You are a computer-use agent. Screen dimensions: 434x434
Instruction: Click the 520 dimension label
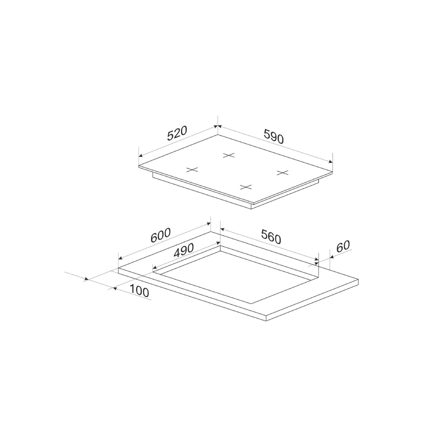click(178, 134)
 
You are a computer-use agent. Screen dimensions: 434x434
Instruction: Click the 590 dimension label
click(273, 136)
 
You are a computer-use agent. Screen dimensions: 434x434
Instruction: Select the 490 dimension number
click(183, 250)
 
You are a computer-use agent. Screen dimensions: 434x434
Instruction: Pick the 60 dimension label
click(343, 246)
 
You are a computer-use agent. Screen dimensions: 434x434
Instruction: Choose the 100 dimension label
click(139, 291)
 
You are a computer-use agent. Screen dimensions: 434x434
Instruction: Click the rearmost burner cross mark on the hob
click(229, 155)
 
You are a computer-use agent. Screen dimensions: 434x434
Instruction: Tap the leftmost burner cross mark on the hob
click(192, 170)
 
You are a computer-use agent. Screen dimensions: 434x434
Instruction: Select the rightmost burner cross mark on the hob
click(283, 173)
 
